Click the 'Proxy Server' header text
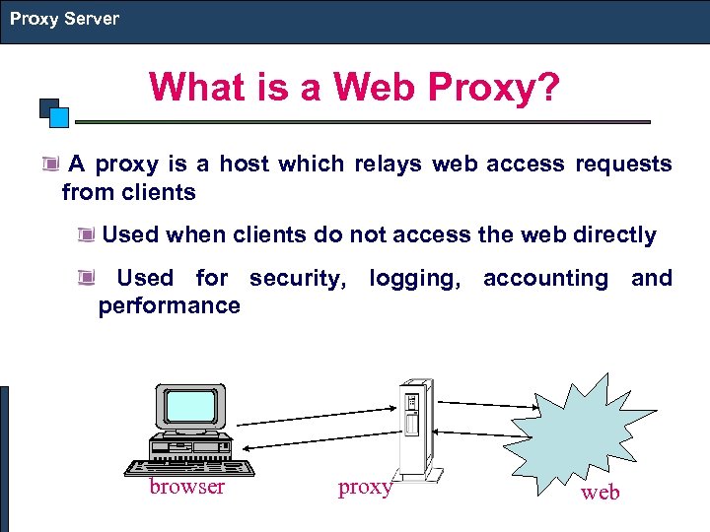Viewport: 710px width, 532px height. (x=64, y=19)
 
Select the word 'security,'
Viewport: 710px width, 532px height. (x=298, y=279)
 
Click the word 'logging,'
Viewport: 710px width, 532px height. (x=414, y=279)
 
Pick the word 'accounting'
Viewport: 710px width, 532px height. (x=545, y=279)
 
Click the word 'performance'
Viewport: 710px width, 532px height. (x=169, y=306)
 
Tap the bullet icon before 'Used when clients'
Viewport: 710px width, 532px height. (x=88, y=235)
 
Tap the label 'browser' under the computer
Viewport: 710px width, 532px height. (x=186, y=487)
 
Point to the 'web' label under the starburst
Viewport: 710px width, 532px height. (x=600, y=493)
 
